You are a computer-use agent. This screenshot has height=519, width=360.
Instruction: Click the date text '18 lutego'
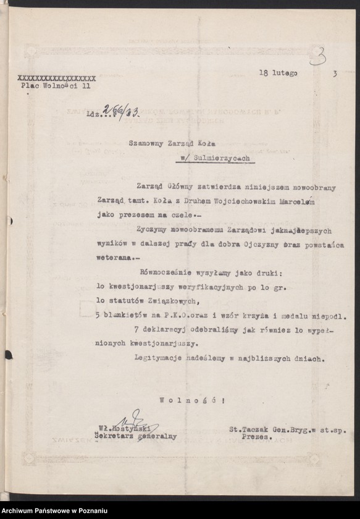tap(278, 73)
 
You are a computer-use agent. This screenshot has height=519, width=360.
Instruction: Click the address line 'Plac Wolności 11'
tap(55, 88)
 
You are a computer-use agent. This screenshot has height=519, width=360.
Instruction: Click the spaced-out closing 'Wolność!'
tap(192, 400)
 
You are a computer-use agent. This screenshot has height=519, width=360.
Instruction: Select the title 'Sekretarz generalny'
tap(135, 436)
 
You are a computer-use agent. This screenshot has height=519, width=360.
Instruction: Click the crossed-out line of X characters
tap(57, 78)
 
